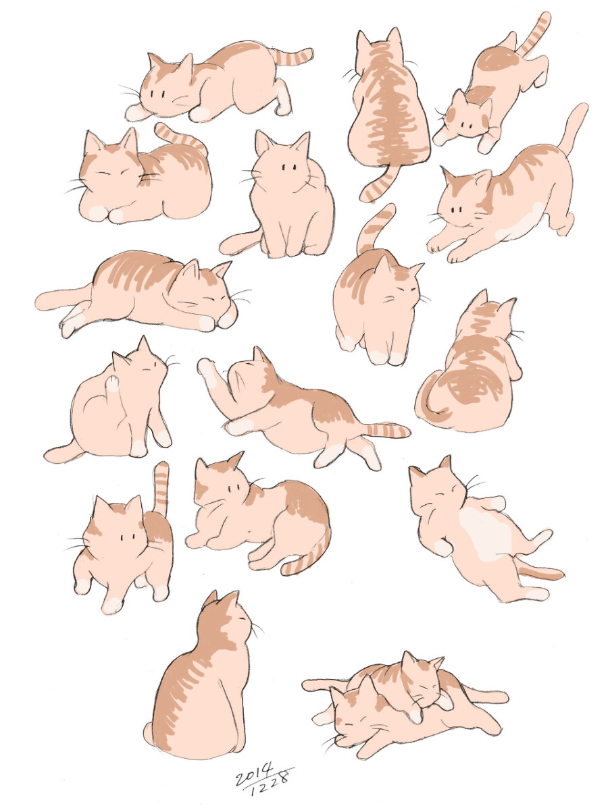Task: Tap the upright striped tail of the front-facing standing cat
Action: point(161,488)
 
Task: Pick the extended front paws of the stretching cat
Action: point(449,249)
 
